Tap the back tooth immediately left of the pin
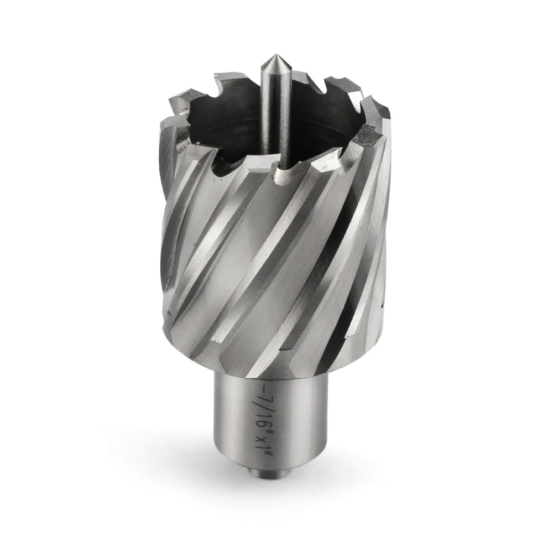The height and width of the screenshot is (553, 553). (232, 77)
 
